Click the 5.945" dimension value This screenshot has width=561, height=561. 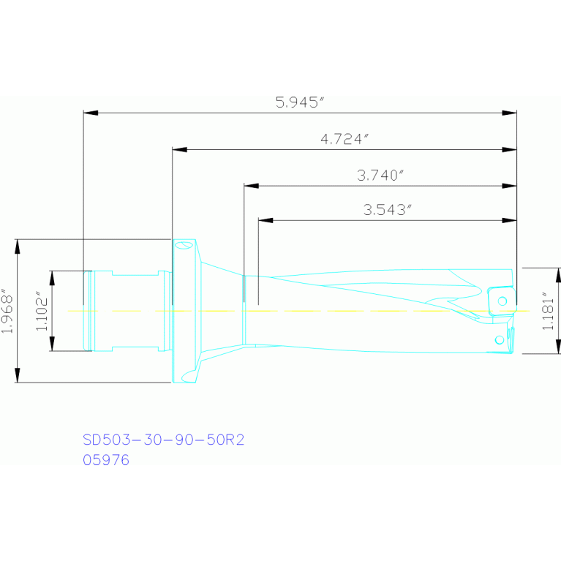pos(299,103)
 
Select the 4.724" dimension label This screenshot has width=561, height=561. pos(343,139)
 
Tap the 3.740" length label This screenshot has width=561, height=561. pos(380,176)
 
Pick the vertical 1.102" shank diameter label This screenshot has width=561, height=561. pos(43,311)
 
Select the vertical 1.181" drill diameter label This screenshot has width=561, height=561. pos(548,311)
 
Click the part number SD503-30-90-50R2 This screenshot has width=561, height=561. pos(162,440)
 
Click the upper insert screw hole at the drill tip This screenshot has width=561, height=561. pos(502,300)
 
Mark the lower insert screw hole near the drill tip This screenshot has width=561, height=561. pos(499,339)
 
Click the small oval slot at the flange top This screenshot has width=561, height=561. pos(181,246)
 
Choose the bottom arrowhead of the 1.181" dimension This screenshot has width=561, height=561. pos(560,347)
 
